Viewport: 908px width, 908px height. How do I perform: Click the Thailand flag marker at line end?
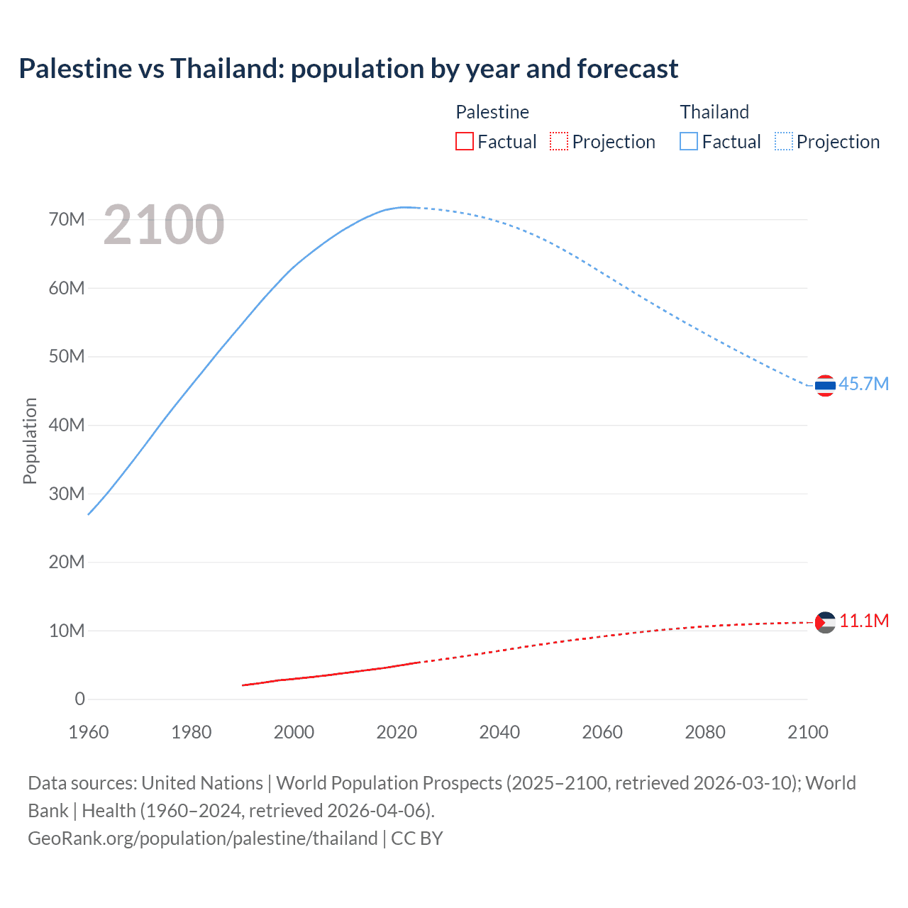tap(825, 385)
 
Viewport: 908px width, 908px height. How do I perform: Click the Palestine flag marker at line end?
tap(825, 622)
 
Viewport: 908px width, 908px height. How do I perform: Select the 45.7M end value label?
tap(863, 384)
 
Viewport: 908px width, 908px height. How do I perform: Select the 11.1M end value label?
tap(864, 621)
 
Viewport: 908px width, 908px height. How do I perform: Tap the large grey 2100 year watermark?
tap(164, 225)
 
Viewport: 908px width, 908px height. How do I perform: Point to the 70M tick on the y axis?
tap(67, 219)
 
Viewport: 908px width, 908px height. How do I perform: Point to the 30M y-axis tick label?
tap(67, 493)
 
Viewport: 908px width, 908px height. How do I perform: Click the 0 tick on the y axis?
tap(79, 699)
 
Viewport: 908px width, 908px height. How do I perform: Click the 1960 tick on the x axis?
tap(89, 732)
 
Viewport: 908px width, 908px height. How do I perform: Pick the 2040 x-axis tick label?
tap(499, 732)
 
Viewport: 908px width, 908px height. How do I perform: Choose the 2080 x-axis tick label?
tap(705, 732)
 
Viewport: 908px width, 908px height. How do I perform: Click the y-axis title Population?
tap(30, 441)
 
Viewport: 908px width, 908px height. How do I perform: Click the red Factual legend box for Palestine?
tap(464, 141)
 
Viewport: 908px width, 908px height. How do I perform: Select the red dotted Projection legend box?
tap(559, 141)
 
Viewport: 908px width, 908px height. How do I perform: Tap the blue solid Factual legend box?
tap(689, 141)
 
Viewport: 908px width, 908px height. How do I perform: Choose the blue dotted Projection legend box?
tap(784, 141)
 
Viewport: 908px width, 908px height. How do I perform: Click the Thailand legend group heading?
tap(714, 112)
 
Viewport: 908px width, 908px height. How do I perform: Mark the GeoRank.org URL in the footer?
tap(203, 838)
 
